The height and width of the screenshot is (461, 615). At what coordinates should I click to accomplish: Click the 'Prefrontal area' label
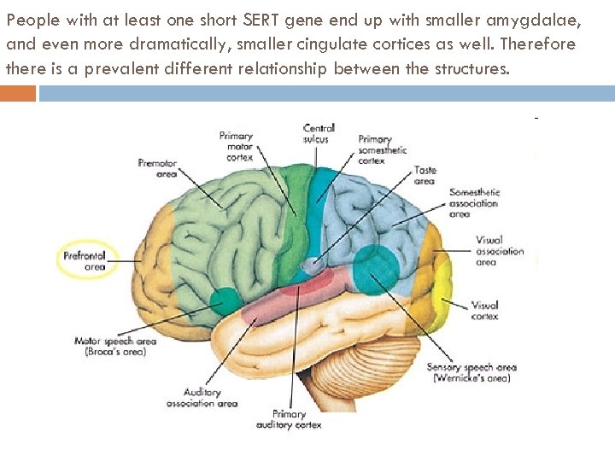pyautogui.click(x=88, y=260)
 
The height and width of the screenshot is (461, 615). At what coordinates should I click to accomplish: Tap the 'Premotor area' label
pyautogui.click(x=157, y=167)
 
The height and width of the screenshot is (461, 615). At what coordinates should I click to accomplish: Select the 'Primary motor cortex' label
pyautogui.click(x=236, y=146)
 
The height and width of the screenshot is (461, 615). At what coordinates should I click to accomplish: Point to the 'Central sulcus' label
pyautogui.click(x=319, y=133)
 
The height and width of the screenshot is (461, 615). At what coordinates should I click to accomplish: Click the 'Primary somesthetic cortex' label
pyautogui.click(x=376, y=149)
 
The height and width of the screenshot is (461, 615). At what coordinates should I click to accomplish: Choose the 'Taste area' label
pyautogui.click(x=425, y=175)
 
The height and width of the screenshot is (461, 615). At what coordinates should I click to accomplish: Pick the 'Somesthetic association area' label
pyautogui.click(x=475, y=203)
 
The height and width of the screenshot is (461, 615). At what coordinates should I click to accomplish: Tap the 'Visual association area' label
pyautogui.click(x=500, y=251)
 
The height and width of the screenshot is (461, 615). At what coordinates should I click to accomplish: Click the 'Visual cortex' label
pyautogui.click(x=485, y=310)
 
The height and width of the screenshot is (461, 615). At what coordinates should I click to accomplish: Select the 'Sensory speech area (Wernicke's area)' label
pyautogui.click(x=471, y=372)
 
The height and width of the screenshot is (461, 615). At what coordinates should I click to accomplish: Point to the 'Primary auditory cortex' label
pyautogui.click(x=289, y=419)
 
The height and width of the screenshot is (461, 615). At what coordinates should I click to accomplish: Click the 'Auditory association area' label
pyautogui.click(x=202, y=398)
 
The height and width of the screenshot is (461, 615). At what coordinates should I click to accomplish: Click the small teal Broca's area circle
pyautogui.click(x=225, y=300)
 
